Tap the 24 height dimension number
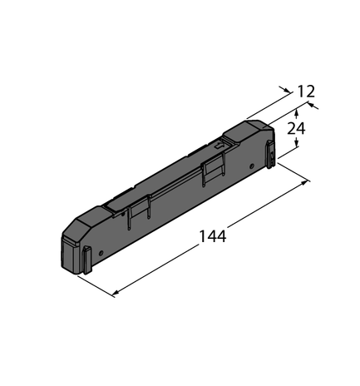point(296,128)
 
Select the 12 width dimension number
point(305,91)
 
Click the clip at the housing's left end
point(87,260)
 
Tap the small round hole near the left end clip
point(101,250)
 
